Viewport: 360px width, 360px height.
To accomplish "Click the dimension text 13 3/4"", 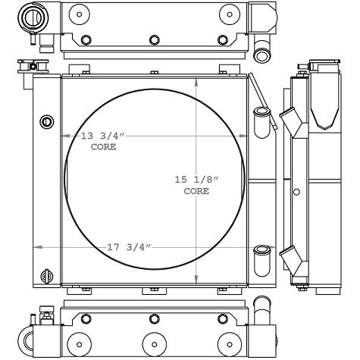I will coord(103,136).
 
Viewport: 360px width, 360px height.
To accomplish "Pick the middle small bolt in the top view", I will coord(154,40).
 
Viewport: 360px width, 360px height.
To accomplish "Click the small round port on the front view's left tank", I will coord(47,121).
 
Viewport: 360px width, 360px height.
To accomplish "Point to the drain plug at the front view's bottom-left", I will coord(47,274).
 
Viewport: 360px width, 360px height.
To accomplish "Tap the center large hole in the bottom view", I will coord(154,340).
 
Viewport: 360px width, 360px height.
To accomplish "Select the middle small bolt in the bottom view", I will coord(154,318).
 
